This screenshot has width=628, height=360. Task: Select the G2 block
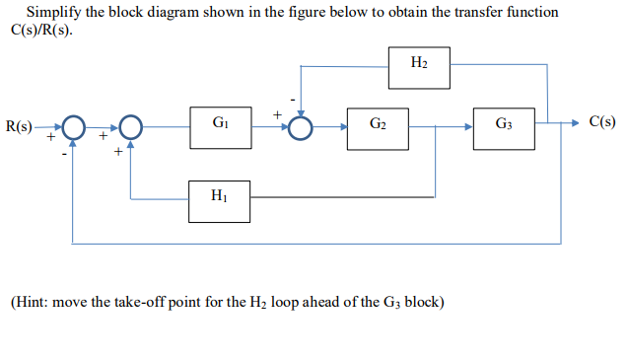pyautogui.click(x=378, y=128)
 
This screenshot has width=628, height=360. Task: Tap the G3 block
pyautogui.click(x=504, y=128)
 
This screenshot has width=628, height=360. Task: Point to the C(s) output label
pyautogui.click(x=601, y=123)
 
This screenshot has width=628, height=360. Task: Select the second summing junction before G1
pyautogui.click(x=131, y=127)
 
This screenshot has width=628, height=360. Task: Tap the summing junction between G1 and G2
pyautogui.click(x=301, y=127)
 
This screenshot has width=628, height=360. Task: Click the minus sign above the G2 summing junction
pyautogui.click(x=291, y=100)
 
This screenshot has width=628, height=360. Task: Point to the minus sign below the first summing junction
pyautogui.click(x=65, y=154)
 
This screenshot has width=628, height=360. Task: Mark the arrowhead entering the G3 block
pyautogui.click(x=467, y=127)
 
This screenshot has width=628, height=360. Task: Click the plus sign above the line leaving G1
pyautogui.click(x=277, y=115)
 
